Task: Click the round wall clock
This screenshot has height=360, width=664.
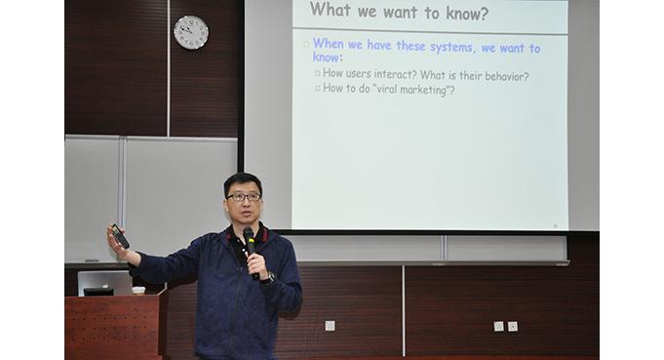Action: click(x=191, y=32)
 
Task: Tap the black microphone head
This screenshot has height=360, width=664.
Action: click(x=249, y=234)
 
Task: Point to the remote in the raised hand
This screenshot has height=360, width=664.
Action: click(x=120, y=236)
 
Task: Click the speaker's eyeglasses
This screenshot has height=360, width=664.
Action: click(x=244, y=197)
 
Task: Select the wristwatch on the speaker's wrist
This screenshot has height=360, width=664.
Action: click(x=269, y=278)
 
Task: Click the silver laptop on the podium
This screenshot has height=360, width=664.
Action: click(x=105, y=283)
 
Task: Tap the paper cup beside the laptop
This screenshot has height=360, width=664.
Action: click(x=138, y=290)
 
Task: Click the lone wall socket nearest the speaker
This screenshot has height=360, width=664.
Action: click(x=330, y=326)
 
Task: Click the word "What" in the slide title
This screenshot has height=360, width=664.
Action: click(x=331, y=10)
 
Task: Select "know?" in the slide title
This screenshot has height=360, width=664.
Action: click(x=467, y=14)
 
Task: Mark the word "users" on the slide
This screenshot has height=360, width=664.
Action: click(x=358, y=74)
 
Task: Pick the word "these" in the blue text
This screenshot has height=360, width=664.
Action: click(x=410, y=45)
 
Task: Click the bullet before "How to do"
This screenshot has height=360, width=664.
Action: click(x=318, y=88)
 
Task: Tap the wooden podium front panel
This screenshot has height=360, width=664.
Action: click(x=112, y=327)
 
